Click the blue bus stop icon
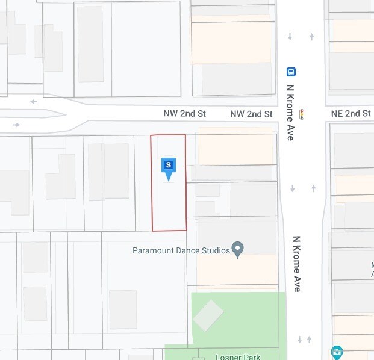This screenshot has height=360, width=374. point(291,72)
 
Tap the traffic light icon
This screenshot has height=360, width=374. point(302,114)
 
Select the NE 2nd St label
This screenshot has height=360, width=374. point(351,114)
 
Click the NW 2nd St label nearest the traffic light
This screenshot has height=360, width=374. point(251,114)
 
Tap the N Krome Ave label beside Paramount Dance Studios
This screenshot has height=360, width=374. point(297,264)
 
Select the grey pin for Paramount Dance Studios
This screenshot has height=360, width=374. point(238,249)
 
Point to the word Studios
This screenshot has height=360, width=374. point(216,250)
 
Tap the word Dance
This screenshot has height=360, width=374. point(189,250)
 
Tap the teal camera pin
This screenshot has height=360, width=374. point(337,352)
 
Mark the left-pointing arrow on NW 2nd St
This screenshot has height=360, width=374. point(34,101)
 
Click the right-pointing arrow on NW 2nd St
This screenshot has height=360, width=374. point(16,125)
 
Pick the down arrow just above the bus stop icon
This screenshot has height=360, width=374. point(290,37)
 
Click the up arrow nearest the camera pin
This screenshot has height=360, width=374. point(310,340)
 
